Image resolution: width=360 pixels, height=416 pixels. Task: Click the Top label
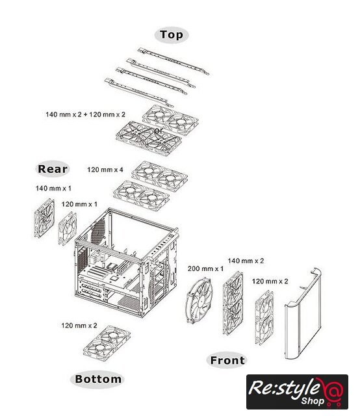point(172,34)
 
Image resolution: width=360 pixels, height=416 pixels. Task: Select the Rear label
point(53,169)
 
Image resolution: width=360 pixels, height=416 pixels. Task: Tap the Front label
point(227,360)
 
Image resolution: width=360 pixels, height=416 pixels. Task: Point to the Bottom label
point(98,379)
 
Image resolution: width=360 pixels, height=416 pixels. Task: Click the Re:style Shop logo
point(297,392)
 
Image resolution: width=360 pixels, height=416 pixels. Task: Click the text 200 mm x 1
point(205,268)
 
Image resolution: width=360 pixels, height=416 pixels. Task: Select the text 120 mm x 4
point(105,170)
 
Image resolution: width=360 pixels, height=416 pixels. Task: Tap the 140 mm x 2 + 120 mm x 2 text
point(85,114)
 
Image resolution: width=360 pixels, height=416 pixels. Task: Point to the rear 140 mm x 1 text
point(53,188)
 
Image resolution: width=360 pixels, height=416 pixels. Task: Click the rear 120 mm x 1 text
point(79,204)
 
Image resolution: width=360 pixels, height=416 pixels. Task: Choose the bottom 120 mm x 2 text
point(79,326)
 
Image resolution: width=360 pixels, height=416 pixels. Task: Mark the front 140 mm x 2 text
point(246,261)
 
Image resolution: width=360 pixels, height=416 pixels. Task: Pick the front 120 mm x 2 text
point(270,281)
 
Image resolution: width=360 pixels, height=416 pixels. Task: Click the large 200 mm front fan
point(199,300)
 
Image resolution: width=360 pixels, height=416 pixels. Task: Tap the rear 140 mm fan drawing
point(44,218)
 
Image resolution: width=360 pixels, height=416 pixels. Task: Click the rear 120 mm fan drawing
point(68,228)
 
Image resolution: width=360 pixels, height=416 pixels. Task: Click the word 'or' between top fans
point(158,131)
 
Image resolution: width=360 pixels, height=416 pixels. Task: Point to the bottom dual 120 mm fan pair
point(107,343)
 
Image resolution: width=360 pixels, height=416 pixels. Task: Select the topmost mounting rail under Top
point(174,61)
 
